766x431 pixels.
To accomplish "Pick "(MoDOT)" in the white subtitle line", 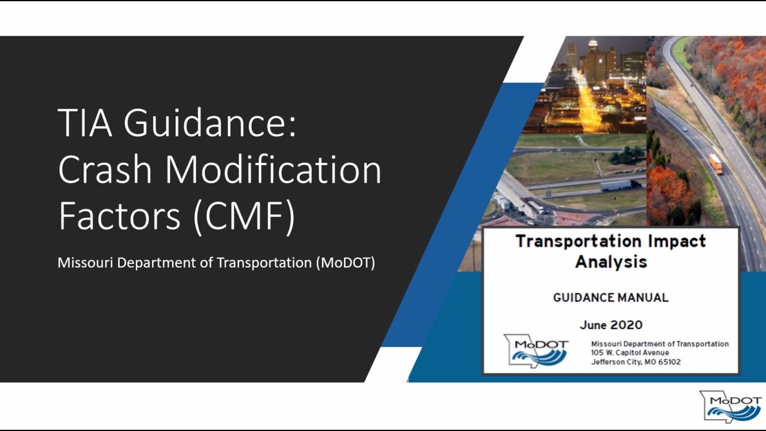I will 345,263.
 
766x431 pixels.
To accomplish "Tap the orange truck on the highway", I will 716,163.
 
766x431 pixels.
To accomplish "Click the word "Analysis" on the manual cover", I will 611,262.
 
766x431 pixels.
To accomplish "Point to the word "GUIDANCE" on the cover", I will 582,298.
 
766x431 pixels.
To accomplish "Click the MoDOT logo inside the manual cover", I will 536,350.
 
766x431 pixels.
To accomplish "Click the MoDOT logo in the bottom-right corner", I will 731,407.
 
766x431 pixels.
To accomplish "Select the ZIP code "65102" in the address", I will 668,362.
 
